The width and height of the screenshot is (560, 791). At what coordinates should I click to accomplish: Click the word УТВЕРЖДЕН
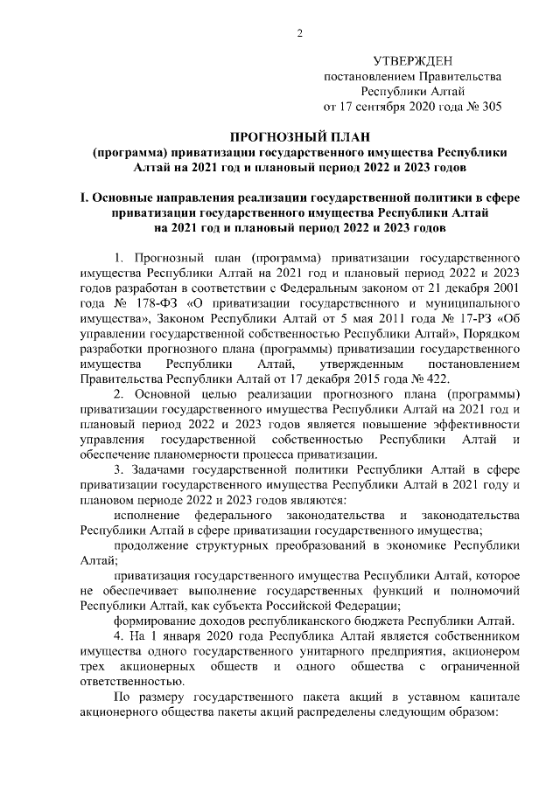tap(412, 60)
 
